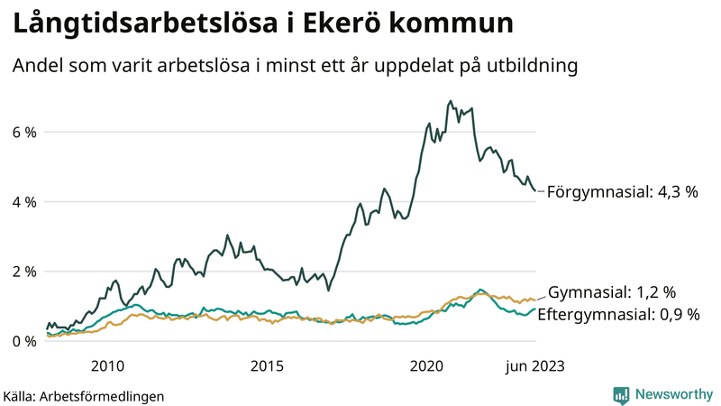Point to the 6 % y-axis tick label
pos(24,133)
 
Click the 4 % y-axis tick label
pos(24,202)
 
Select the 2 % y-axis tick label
pos(24,272)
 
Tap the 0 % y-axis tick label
pos(24,341)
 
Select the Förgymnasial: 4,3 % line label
pos(623,192)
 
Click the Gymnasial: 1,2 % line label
pos(612,292)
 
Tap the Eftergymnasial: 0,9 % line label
pos(624,314)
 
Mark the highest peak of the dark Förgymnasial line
pos(450,101)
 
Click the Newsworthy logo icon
pos(621,394)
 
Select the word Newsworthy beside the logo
pos(673,394)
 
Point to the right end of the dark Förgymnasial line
pos(535,190)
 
